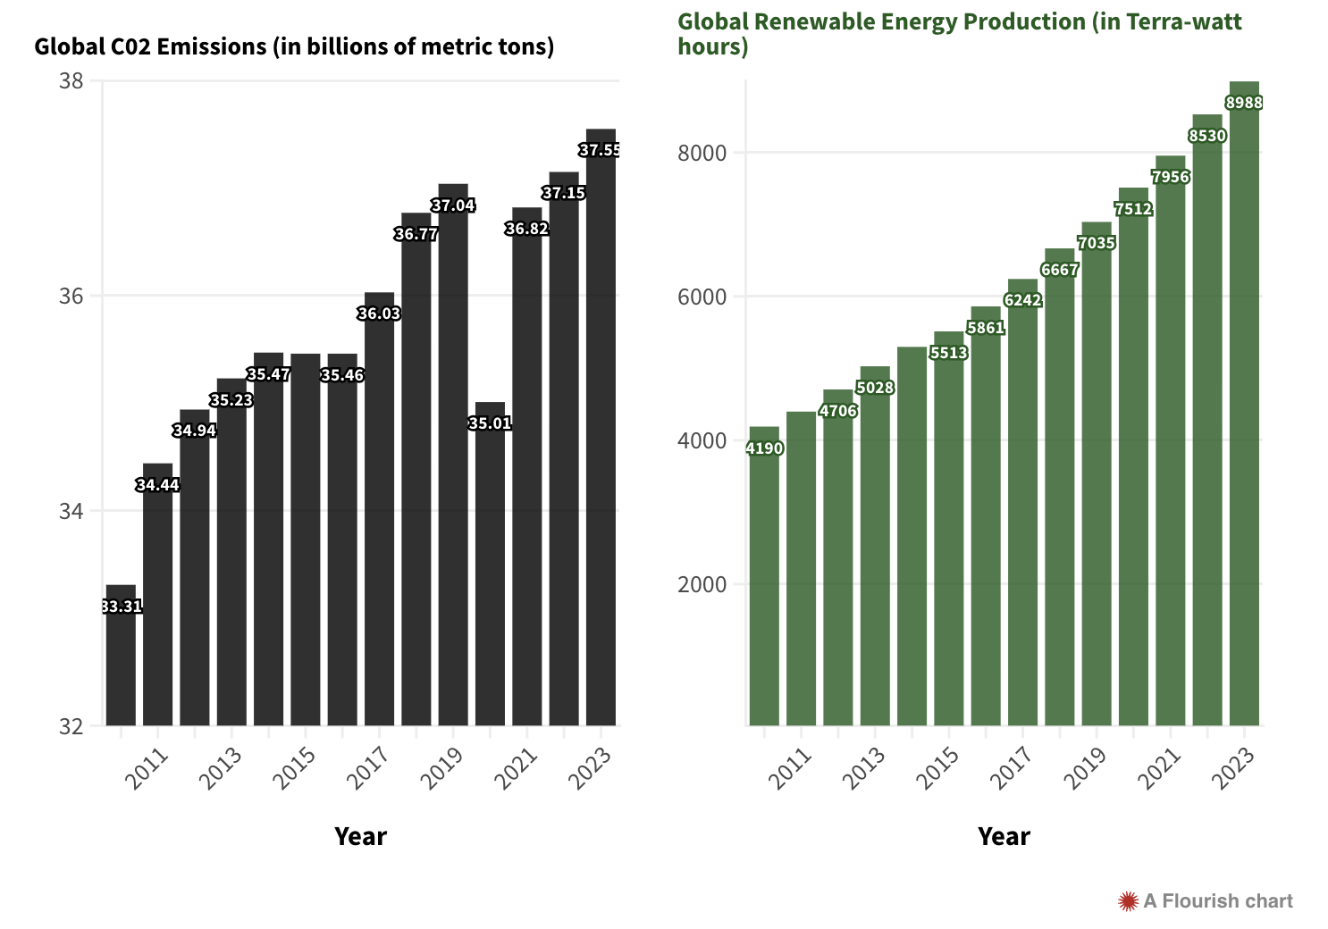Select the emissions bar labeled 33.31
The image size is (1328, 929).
point(121,661)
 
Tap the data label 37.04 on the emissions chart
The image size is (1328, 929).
point(453,205)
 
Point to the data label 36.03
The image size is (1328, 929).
point(379,314)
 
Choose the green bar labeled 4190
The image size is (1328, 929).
point(764,581)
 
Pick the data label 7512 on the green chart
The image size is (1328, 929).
point(1133,209)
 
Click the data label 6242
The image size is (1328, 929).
point(1022,300)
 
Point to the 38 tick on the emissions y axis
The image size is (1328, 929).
point(71,81)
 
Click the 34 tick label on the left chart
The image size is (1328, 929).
point(71,512)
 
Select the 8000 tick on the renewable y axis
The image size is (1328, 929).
point(702,153)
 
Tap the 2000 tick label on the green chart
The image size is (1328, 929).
point(702,584)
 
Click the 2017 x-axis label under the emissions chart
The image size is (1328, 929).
point(367,768)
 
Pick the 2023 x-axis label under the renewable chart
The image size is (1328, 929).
point(1232,768)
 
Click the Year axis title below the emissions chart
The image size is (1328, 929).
point(360,836)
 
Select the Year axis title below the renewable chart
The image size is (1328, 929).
point(1004,836)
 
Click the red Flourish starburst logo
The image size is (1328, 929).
point(1128,901)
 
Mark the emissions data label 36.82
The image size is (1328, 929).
point(526,229)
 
